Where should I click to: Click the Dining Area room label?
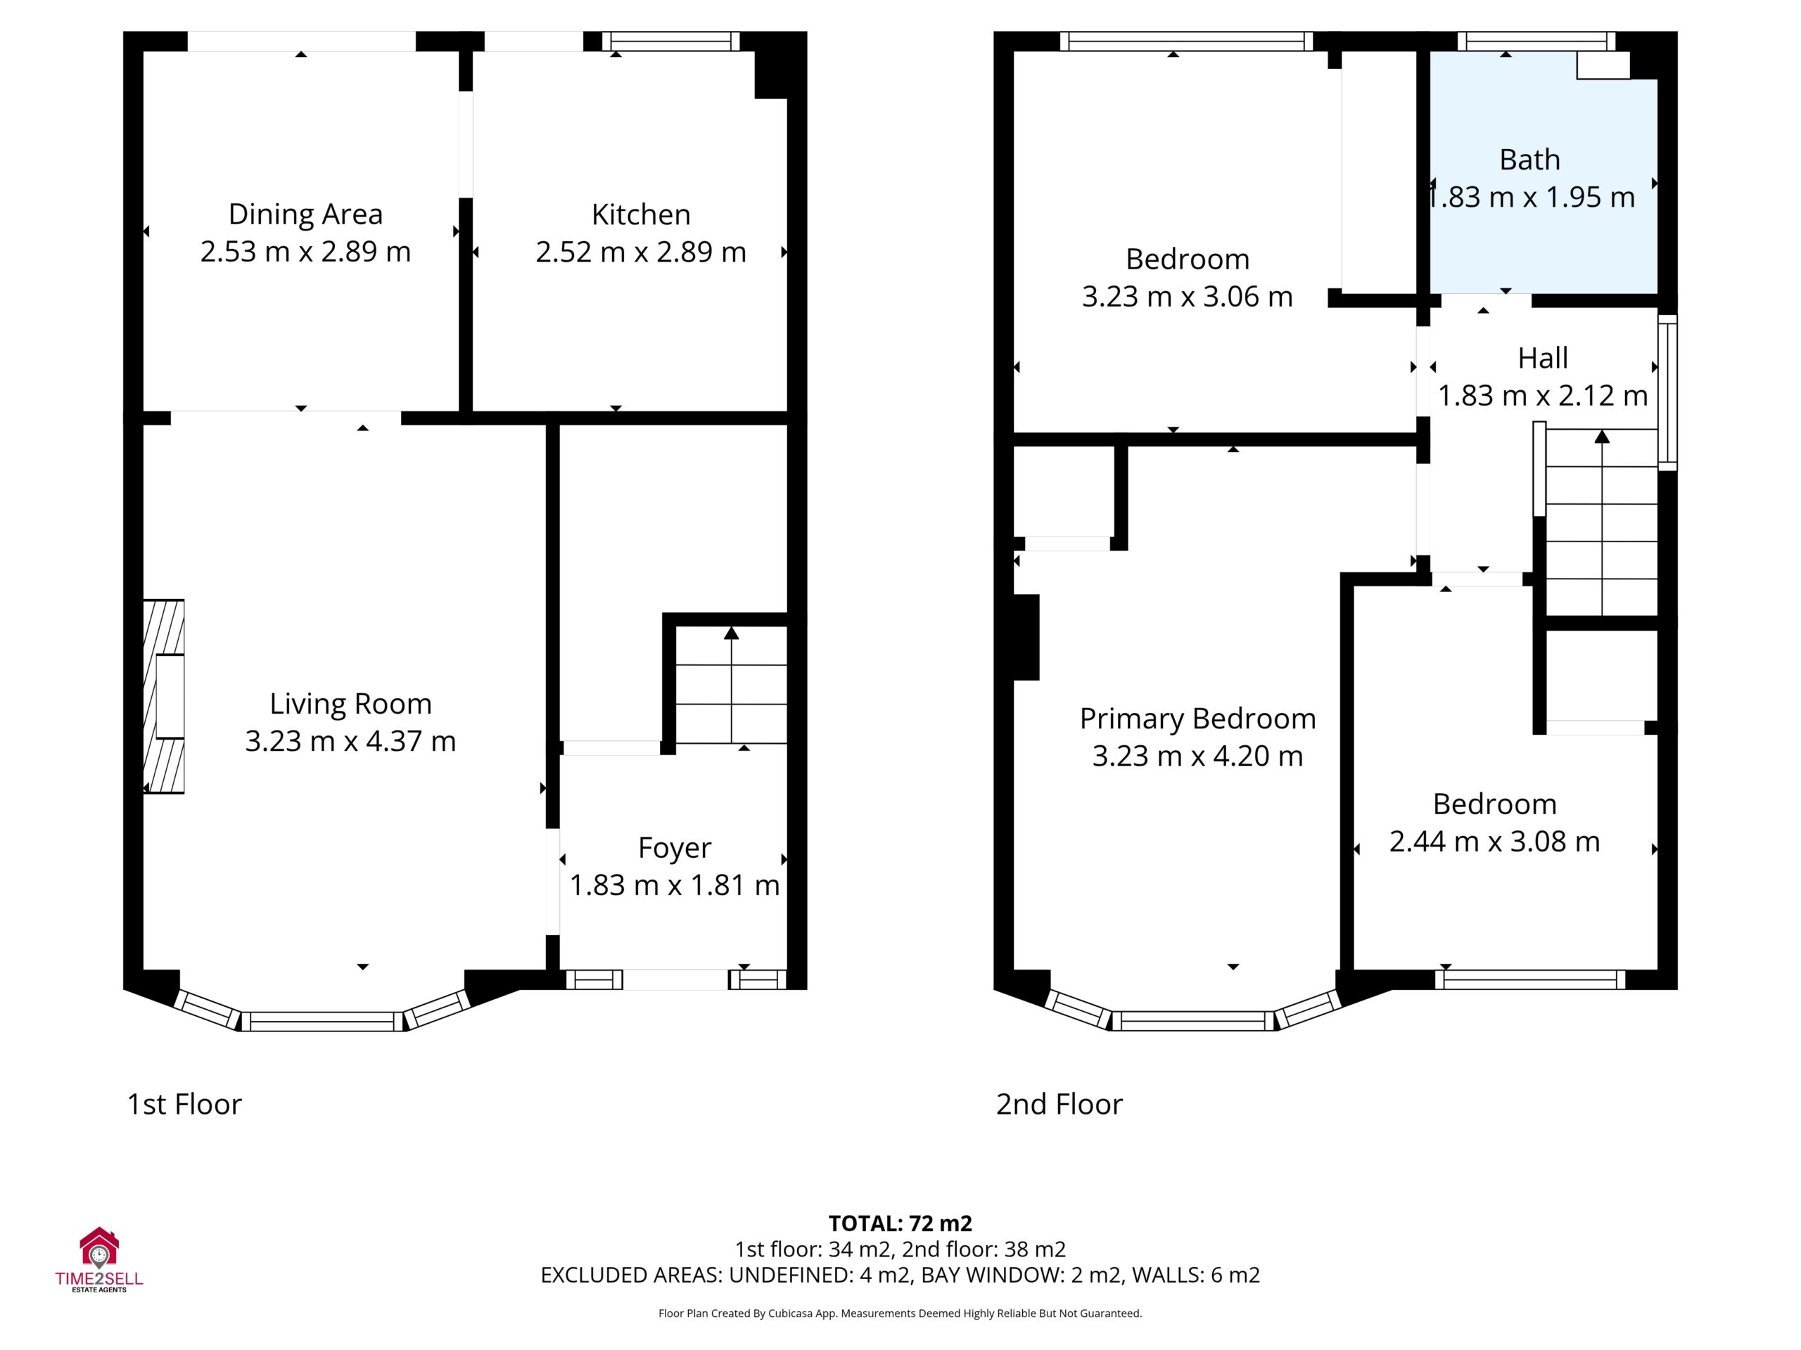305,214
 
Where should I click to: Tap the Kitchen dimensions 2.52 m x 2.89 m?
641,252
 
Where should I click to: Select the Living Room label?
350,704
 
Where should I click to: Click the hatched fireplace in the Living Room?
164,697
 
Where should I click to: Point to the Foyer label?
674,848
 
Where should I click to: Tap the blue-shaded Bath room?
1544,172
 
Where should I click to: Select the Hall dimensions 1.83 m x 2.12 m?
1542,395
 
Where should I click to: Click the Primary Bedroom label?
1197,719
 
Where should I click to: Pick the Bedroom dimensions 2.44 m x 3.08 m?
1494,842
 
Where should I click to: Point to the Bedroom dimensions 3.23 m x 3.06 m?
1187,296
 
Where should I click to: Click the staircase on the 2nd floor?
1601,522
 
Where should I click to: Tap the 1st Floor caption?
184,1104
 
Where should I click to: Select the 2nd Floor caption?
1059,1104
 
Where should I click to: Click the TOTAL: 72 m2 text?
900,1223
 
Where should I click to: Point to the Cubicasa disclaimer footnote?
900,1313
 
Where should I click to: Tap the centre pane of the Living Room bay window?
322,1021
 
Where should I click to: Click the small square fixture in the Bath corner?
1603,65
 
